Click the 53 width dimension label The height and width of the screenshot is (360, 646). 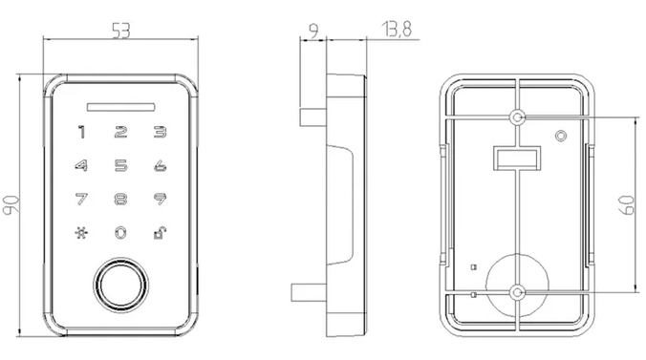pos(121,31)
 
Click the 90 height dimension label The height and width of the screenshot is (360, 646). pos(11,204)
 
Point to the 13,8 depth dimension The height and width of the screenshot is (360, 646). pos(397,30)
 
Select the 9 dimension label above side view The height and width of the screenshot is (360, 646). pos(313,31)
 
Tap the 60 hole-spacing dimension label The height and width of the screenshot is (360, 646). pos(627,204)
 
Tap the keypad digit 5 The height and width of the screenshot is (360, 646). pos(120,165)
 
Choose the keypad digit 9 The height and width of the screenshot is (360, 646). pos(160,199)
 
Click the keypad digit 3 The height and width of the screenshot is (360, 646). pos(160,132)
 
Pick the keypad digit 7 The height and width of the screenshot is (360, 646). pos(81,199)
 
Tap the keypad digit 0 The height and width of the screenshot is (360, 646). pos(120,233)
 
